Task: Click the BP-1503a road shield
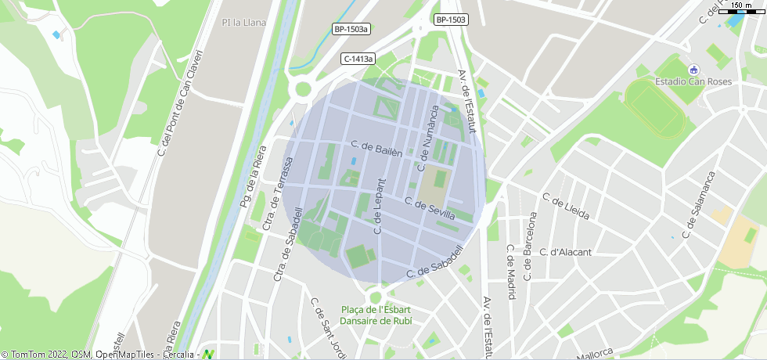click(x=351, y=29)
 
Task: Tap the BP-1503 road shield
click(x=451, y=20)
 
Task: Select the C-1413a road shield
click(x=358, y=59)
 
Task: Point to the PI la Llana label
click(x=243, y=23)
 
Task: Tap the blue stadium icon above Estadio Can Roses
click(x=693, y=70)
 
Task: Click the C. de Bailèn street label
click(x=376, y=149)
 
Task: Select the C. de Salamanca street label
click(x=699, y=204)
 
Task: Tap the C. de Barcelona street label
click(x=529, y=247)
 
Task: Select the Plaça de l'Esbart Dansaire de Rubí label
click(x=376, y=315)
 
